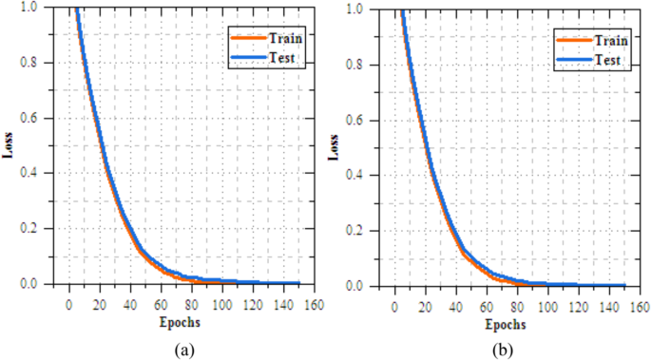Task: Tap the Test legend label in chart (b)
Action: point(606,60)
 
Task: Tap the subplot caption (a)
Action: point(182,348)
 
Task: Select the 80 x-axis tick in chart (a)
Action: point(191,304)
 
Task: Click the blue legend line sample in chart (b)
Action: point(571,60)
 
